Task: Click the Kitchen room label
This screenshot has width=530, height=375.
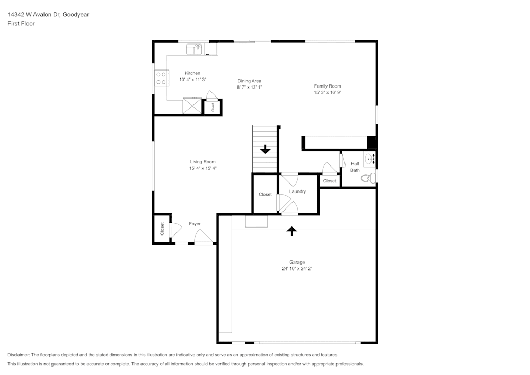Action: tap(192, 73)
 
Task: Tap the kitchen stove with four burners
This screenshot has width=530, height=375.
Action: tap(161, 79)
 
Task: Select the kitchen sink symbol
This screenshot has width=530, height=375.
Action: tap(194, 49)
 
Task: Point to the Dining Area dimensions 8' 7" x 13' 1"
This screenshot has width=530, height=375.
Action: tap(250, 87)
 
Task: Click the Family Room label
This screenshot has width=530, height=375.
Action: tap(327, 86)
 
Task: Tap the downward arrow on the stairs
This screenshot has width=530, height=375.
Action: tap(265, 150)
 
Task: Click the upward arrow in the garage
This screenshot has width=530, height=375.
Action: tap(291, 230)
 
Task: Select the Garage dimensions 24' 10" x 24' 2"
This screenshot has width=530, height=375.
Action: tap(297, 268)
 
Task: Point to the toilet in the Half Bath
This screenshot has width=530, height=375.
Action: tap(368, 178)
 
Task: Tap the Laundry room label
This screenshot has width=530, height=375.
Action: tap(297, 191)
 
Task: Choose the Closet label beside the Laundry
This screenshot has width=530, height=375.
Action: tap(265, 194)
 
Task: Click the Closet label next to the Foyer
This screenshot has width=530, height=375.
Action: tap(162, 229)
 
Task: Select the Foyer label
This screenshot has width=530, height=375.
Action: tap(195, 224)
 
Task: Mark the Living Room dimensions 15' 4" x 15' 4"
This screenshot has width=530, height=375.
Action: tap(203, 168)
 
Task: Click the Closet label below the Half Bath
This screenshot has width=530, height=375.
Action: tap(330, 181)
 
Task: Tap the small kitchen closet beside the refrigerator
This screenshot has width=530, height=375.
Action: tap(213, 107)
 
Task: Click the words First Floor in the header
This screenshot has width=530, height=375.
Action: tap(21, 24)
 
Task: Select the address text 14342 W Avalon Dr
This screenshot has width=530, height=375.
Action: tap(34, 15)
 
